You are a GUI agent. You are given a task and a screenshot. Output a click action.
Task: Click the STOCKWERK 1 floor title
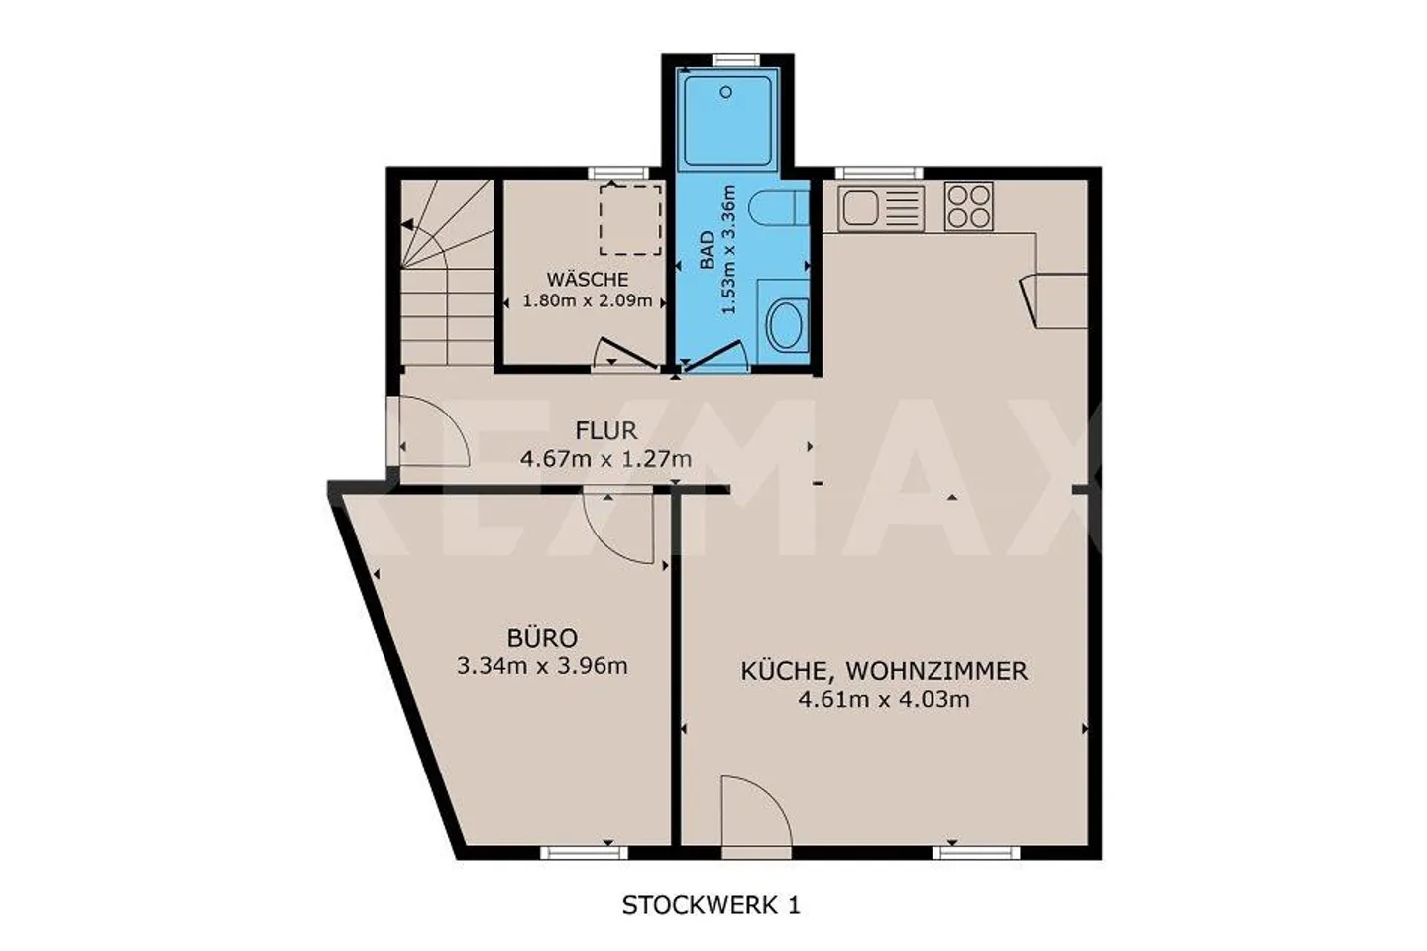click(x=711, y=905)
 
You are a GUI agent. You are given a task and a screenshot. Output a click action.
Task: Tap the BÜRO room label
click(x=543, y=637)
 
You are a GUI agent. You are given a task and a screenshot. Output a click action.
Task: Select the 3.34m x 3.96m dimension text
click(x=542, y=666)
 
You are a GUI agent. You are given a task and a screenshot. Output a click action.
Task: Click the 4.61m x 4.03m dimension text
click(x=884, y=700)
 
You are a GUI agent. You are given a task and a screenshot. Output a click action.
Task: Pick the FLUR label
click(x=605, y=431)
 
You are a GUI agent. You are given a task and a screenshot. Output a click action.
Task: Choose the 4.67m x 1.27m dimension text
click(x=605, y=459)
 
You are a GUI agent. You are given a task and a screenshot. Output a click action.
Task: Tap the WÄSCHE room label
click(x=588, y=280)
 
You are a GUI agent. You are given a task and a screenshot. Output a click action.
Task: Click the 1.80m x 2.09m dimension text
click(x=588, y=300)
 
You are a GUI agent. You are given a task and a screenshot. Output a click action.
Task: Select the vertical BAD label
click(x=708, y=250)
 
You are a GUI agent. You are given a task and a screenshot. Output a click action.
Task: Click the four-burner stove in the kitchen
click(x=968, y=206)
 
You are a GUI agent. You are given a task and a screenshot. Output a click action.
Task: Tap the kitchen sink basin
click(x=860, y=208)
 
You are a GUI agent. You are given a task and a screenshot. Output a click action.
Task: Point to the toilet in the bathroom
click(x=779, y=208)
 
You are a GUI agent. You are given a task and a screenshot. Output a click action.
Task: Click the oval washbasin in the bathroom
click(x=786, y=325)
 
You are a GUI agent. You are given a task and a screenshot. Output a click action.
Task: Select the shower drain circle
click(x=726, y=92)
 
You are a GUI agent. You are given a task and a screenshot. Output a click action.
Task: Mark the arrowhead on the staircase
click(x=407, y=224)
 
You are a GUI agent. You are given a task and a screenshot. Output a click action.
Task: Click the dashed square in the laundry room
click(x=630, y=219)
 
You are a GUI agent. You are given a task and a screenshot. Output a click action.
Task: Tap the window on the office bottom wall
click(x=584, y=853)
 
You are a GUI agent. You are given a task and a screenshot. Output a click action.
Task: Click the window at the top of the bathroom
click(x=736, y=59)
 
